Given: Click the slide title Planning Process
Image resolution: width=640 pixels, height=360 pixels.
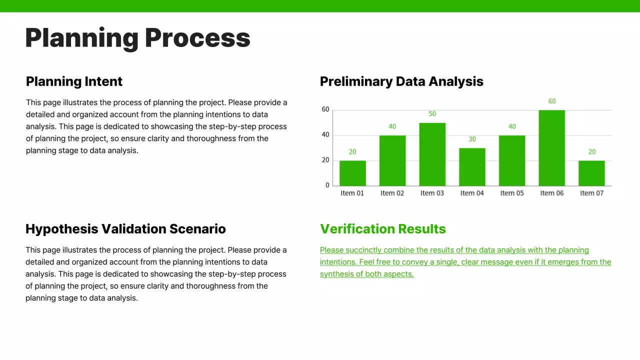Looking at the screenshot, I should pos(137,38).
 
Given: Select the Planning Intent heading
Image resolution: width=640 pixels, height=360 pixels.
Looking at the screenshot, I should pos(74,81).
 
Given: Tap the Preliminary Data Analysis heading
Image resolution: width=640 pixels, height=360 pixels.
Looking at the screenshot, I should pos(401,81).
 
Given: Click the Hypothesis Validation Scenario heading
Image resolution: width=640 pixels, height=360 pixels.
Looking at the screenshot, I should pos(125,229).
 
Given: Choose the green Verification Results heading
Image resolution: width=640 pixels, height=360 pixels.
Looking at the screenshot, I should pos(382,229).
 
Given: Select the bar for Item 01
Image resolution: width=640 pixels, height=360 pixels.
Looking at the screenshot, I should pos(352,173).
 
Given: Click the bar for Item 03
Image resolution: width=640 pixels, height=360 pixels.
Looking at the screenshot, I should pos(432,154).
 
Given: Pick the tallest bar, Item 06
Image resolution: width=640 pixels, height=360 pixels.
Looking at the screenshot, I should pos(551,148).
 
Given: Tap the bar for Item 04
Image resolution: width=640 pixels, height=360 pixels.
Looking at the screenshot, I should pos(472,167).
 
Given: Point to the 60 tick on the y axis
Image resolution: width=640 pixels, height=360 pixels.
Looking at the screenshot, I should pos(325,109).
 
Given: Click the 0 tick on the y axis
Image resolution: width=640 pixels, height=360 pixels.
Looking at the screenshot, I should pos(327,185).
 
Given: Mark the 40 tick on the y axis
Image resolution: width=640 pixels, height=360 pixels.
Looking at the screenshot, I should pos(325,134).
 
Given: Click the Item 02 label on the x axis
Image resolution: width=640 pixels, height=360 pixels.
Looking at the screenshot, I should pos(392,193).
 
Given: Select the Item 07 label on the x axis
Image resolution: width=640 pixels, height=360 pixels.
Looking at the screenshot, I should pos(591,193).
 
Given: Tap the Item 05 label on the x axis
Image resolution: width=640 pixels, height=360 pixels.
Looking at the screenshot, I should pos(512,193).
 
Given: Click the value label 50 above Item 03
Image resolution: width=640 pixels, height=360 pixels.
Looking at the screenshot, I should pos(432,114).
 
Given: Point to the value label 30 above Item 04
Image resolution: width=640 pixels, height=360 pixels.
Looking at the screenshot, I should pos(472,139).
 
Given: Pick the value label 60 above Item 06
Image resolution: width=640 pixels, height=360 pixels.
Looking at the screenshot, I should pos(551,101).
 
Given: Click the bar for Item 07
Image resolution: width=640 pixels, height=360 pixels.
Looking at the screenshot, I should pos(591,173).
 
